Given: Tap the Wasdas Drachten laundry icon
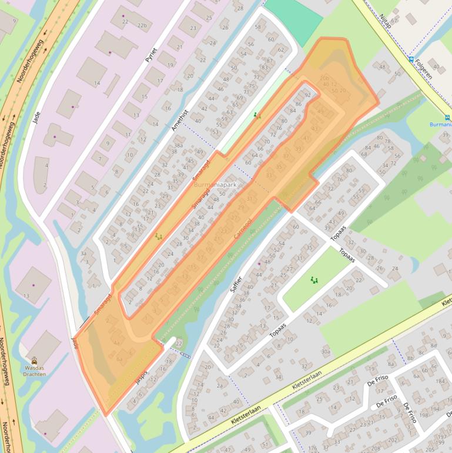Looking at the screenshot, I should click(34, 361).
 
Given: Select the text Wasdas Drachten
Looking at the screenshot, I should click(34, 371).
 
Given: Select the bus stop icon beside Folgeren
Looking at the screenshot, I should click(410, 59).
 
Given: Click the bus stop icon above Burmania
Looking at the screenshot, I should click(448, 116).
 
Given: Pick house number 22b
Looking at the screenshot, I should click(142, 26).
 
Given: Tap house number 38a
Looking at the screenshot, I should click(178, 145).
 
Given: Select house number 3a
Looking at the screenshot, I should click(83, 254).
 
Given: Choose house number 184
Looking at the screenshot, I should click(440, 381).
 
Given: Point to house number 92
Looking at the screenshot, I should click(307, 95).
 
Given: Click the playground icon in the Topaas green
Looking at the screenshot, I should click(314, 281).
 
